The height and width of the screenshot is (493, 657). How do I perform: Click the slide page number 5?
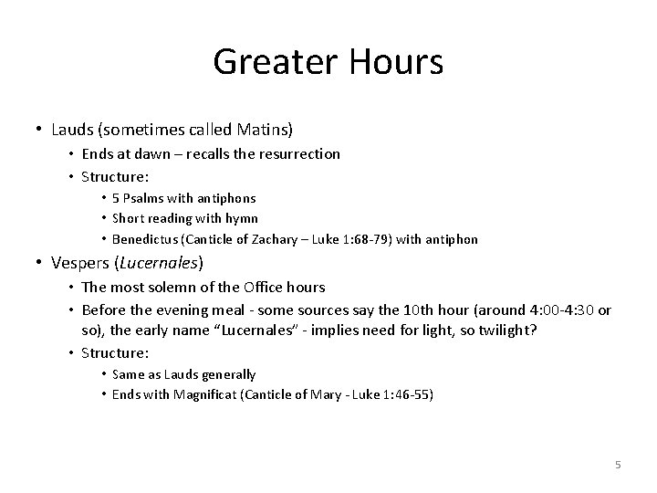click(618, 465)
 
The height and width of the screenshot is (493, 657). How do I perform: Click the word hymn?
click(243, 219)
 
